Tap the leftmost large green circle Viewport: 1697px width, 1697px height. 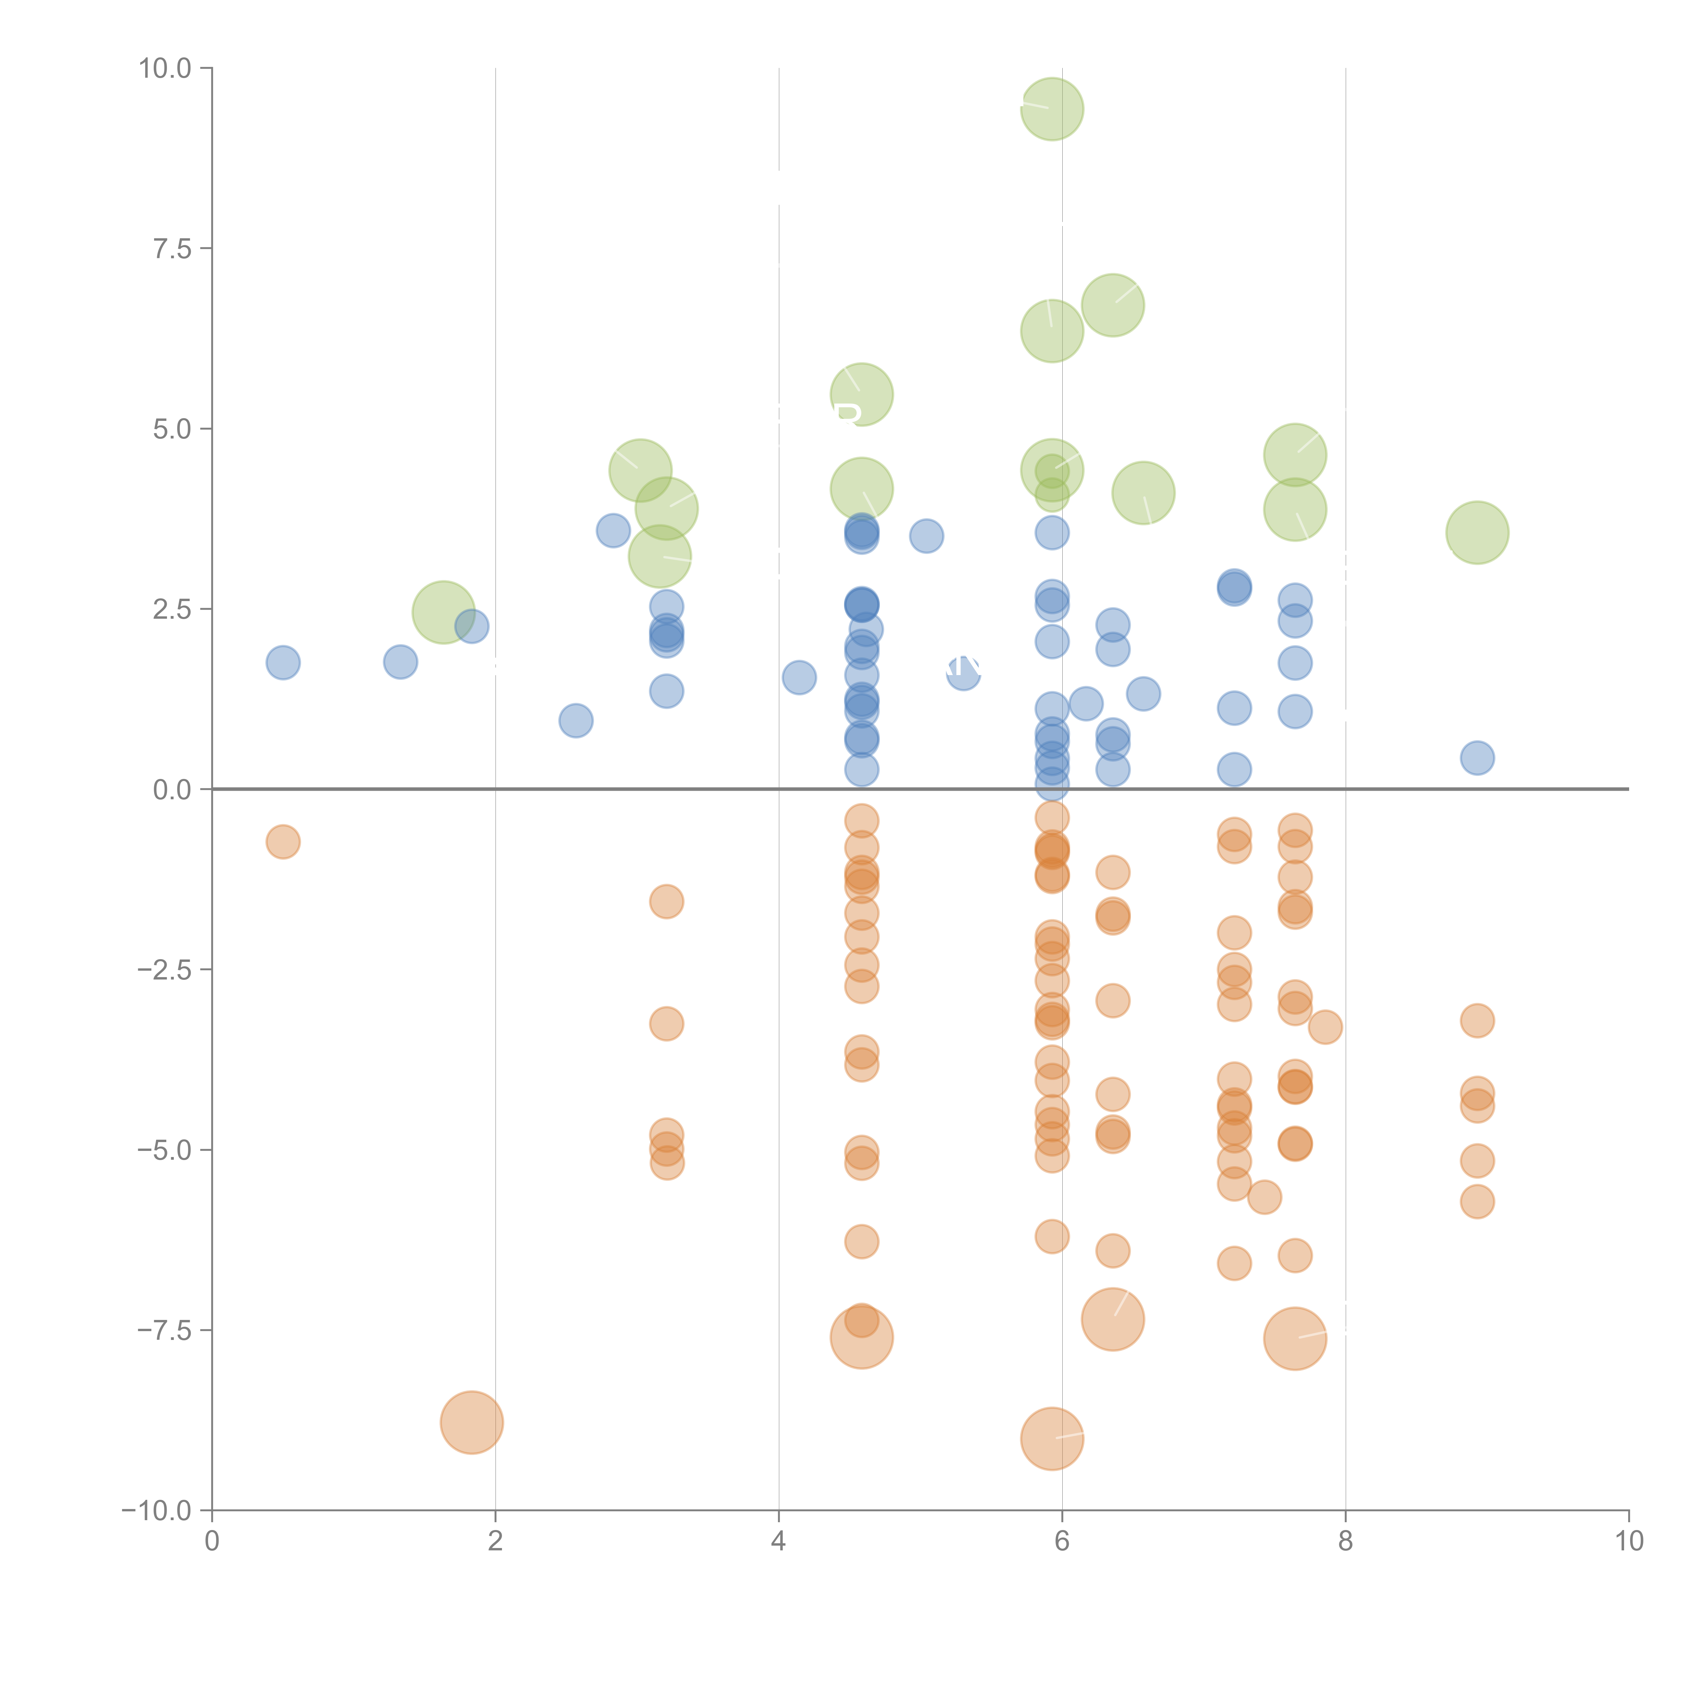(x=444, y=612)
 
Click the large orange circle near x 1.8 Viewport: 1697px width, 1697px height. (x=472, y=1422)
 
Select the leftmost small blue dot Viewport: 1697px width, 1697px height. (x=283, y=662)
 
